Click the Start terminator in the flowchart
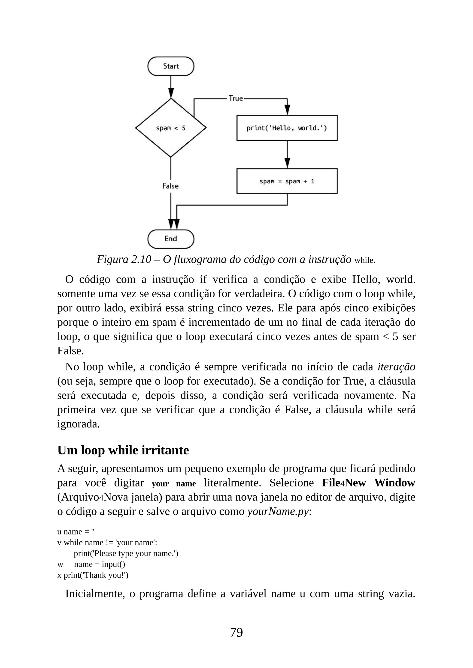tap(171, 66)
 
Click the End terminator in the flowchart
tap(171, 239)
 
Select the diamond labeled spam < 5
tap(171, 128)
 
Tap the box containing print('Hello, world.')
tap(287, 128)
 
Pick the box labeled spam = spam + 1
tap(287, 181)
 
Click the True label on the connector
tap(236, 98)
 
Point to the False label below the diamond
tap(170, 186)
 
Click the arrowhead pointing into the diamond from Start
tap(171, 93)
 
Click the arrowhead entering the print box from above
tap(287, 110)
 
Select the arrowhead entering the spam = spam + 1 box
tap(287, 163)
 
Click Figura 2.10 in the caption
tap(124, 259)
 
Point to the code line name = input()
tap(99, 564)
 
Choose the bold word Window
tap(395, 483)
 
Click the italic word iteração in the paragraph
tap(396, 367)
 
